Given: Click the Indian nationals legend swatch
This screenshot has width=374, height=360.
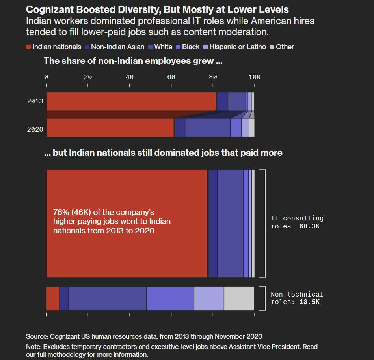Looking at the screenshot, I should (x=28, y=47).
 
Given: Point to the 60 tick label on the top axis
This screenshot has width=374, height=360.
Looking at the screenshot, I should (x=171, y=77).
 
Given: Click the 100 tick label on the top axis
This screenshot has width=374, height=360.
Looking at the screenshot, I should (x=254, y=77).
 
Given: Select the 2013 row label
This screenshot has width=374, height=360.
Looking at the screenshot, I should (x=35, y=101).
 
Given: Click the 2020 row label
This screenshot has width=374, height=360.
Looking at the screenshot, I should (x=35, y=129).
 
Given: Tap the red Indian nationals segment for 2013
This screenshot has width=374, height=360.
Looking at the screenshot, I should (x=131, y=101).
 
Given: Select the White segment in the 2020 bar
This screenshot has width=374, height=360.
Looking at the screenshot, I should (x=208, y=128).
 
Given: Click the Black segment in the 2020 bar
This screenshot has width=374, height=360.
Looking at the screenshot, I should (x=236, y=128).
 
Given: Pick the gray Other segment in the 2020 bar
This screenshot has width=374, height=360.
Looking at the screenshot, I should (x=251, y=128).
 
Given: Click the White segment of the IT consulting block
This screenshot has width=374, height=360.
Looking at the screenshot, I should (x=231, y=224).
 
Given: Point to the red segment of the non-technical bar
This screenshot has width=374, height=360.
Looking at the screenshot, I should (x=53, y=298).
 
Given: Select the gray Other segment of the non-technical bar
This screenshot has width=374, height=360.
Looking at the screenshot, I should (x=239, y=298).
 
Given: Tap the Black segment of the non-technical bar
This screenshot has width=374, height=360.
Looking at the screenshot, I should (x=170, y=298).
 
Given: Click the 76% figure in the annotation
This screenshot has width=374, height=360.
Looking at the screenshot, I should (x=61, y=213).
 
